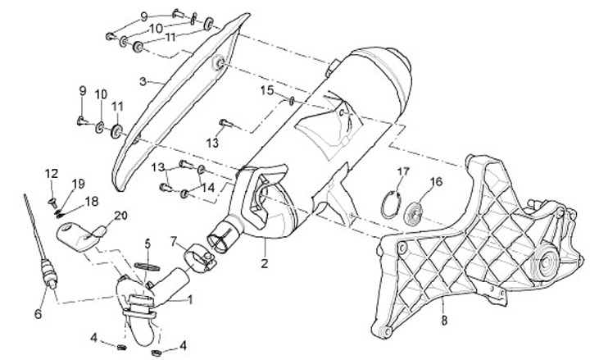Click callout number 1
click(191, 300)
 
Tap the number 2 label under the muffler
click(265, 264)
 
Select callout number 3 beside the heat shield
click(143, 81)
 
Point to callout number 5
click(148, 244)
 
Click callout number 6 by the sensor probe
click(38, 312)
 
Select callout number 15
click(265, 89)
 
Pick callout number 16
click(435, 181)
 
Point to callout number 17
click(402, 171)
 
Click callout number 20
click(120, 215)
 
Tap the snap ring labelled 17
click(396, 204)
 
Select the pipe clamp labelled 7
click(200, 255)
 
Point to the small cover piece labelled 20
click(82, 234)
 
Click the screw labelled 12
click(50, 198)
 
